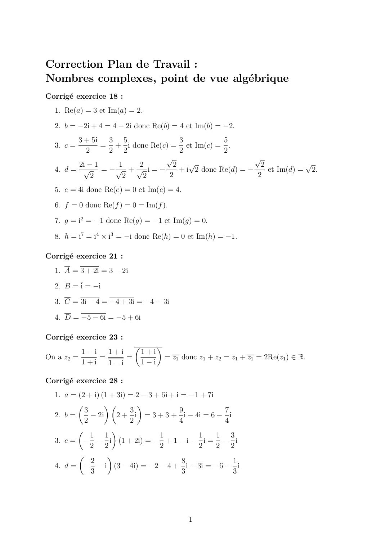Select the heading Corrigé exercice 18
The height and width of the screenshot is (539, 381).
point(84,96)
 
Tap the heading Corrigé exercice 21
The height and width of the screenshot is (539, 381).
point(84,256)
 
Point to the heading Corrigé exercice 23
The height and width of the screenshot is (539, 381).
point(84,337)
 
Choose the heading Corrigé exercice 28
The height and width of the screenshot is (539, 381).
point(84,381)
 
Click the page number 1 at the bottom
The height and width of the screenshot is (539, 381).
point(190,519)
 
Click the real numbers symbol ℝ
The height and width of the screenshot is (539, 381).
point(301,357)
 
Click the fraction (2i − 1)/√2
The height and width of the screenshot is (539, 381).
point(88,170)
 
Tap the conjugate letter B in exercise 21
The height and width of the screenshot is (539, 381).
point(67,286)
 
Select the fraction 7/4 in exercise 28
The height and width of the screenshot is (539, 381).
point(227,415)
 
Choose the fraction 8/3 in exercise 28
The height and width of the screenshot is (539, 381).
point(183,466)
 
